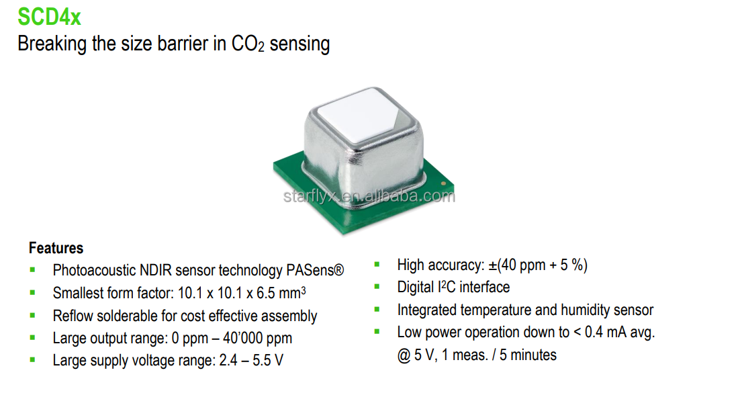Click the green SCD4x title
point(50,15)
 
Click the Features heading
point(56,248)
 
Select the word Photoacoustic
point(94,271)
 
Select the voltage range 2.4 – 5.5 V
point(251,360)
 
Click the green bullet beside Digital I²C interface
point(377,287)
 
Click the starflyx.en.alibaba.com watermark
point(369,196)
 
